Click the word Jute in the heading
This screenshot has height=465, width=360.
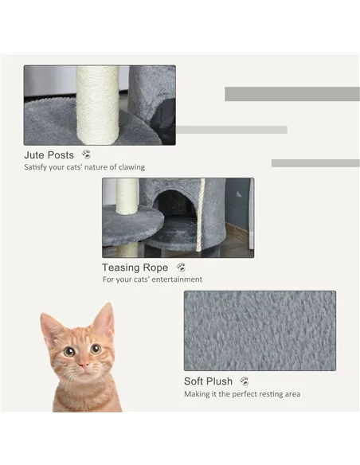pyautogui.click(x=35, y=155)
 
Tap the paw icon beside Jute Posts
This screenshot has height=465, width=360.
pyautogui.click(x=86, y=154)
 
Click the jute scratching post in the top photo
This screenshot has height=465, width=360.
pyautogui.click(x=97, y=104)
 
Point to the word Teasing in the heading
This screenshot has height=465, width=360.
pyautogui.click(x=123, y=268)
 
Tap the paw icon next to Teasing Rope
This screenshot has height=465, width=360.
pyautogui.click(x=181, y=268)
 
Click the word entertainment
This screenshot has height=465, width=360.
pyautogui.click(x=176, y=280)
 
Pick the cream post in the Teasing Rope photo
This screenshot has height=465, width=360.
pyautogui.click(x=127, y=195)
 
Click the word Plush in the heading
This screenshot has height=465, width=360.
pyautogui.click(x=220, y=381)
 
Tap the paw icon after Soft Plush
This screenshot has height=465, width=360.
pyautogui.click(x=244, y=381)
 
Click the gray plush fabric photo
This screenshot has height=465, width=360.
pyautogui.click(x=260, y=330)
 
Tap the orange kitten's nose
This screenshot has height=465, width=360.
pyautogui.click(x=82, y=365)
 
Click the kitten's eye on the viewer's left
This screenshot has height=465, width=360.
pyautogui.click(x=69, y=351)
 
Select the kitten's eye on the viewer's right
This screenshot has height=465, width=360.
pyautogui.click(x=95, y=349)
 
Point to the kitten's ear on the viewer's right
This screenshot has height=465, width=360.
pyautogui.click(x=104, y=319)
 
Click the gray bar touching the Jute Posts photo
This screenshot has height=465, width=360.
pyautogui.click(x=231, y=130)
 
